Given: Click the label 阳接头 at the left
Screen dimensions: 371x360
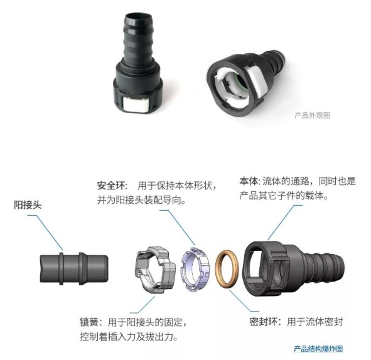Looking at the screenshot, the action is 28,204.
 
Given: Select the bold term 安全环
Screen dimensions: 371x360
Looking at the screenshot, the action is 111,186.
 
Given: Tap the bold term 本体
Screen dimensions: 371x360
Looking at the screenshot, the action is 249,181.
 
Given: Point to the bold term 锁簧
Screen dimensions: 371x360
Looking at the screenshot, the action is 89,322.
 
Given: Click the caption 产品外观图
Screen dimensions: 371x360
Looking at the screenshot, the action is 313,115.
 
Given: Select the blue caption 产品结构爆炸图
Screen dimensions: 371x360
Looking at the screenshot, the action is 318,349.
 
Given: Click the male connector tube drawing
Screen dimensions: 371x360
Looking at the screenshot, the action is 74,268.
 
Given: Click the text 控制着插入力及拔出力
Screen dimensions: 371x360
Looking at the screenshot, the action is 129,337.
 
